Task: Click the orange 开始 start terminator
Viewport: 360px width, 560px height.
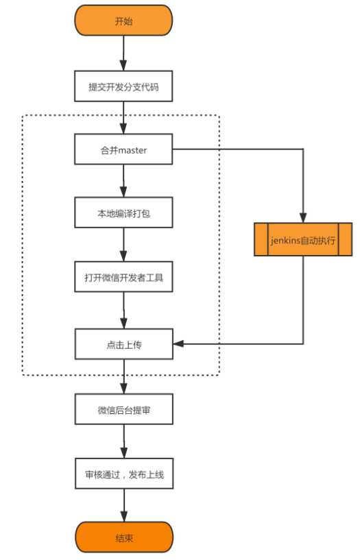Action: click(x=123, y=21)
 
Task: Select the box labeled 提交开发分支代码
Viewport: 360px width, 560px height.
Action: click(x=123, y=86)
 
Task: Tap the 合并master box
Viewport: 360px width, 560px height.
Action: click(x=123, y=149)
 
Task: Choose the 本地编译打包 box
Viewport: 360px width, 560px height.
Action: click(x=123, y=212)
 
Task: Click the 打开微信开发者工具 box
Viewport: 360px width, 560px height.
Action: click(x=123, y=277)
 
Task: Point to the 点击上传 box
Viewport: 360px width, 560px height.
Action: click(x=124, y=344)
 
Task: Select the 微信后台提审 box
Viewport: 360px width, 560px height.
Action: click(x=124, y=409)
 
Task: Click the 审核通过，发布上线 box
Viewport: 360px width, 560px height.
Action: click(x=124, y=474)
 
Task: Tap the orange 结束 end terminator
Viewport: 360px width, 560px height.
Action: click(x=124, y=537)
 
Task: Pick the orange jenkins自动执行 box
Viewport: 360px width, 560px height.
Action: click(x=303, y=239)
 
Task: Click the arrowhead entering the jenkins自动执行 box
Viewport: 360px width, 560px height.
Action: click(x=303, y=217)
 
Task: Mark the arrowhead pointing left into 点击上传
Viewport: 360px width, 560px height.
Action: click(x=178, y=344)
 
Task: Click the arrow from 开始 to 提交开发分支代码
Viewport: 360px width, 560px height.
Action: click(x=123, y=53)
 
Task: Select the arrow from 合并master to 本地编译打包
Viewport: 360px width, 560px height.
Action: click(x=123, y=181)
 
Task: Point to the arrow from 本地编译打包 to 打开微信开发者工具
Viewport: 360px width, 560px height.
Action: click(x=123, y=245)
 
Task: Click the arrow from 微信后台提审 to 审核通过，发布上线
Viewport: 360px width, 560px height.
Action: click(x=124, y=441)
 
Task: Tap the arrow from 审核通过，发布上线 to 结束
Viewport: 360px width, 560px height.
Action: click(x=124, y=505)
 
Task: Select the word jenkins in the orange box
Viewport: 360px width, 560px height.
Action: click(x=285, y=240)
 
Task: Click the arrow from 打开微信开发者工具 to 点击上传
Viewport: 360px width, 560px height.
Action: click(x=124, y=311)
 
